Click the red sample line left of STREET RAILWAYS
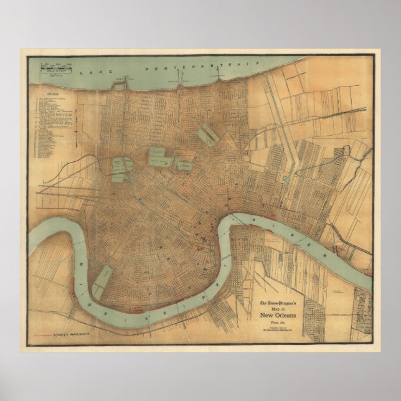coord(44,335)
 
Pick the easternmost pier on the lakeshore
coord(217,77)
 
